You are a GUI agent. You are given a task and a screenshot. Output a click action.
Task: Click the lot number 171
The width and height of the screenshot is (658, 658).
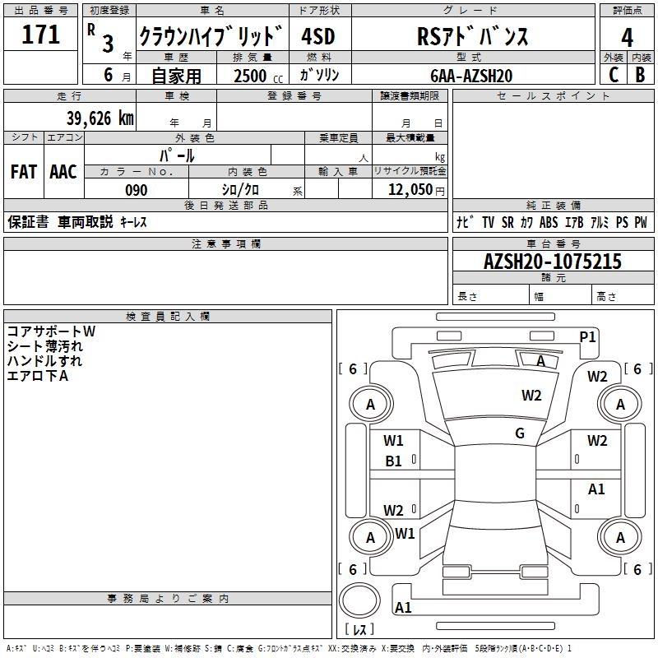click(x=40, y=34)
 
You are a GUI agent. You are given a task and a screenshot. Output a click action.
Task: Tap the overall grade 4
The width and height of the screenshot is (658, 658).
click(x=627, y=37)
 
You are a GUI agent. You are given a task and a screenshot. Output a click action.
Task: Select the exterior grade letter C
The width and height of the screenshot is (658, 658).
click(x=614, y=75)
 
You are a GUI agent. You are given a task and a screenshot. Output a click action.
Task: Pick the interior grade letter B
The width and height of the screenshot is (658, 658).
click(x=641, y=75)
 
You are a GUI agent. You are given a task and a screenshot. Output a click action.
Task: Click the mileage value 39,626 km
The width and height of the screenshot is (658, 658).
click(x=100, y=118)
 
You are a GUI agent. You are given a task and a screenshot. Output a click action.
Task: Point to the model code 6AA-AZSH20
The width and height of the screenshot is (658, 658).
click(x=471, y=76)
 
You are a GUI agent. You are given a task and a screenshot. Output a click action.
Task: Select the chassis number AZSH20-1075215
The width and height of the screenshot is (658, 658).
click(x=553, y=262)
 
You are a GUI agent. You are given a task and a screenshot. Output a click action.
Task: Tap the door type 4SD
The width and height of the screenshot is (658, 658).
click(x=318, y=36)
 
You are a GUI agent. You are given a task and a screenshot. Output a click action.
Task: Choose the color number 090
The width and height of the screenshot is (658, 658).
click(x=137, y=190)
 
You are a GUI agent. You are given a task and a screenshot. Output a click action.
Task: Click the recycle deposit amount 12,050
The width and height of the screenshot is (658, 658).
click(x=410, y=190)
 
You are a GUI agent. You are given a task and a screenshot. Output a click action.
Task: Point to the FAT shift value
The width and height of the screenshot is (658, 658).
click(x=24, y=172)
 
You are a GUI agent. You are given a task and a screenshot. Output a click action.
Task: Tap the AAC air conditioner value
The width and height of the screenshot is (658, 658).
click(x=63, y=172)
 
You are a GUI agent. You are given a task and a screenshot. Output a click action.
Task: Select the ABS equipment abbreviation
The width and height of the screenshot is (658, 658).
click(x=549, y=222)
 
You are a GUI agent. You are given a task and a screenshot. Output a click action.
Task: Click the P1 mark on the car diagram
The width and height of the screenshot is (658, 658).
click(x=587, y=337)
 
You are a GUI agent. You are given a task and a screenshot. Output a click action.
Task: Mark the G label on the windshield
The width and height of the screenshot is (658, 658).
click(x=520, y=433)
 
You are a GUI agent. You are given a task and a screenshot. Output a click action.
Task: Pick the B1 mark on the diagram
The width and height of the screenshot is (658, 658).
click(x=393, y=461)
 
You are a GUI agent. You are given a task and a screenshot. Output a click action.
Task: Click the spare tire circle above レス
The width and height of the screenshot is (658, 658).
click(x=359, y=600)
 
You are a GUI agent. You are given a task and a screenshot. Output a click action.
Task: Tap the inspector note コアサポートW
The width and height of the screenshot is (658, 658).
click(x=51, y=331)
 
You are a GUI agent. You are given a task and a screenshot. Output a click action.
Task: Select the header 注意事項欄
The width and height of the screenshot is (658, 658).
click(x=226, y=243)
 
